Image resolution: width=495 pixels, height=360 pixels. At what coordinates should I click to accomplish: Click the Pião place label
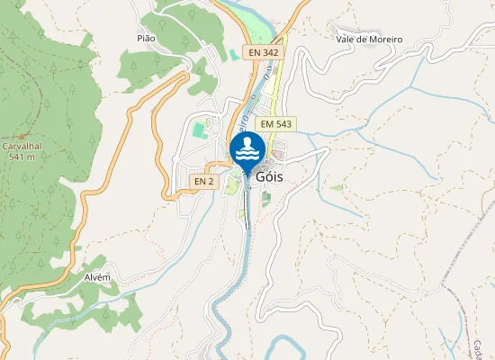(x=146, y=39)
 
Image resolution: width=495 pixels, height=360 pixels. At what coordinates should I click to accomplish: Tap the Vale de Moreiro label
(x=369, y=40)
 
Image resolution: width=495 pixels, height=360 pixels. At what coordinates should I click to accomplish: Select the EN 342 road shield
(x=265, y=53)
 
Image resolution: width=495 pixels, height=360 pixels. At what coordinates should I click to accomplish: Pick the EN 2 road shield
(x=204, y=182)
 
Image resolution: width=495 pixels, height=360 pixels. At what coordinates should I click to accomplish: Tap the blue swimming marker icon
(x=247, y=149)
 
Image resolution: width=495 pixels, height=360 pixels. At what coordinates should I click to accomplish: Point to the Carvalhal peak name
(x=22, y=146)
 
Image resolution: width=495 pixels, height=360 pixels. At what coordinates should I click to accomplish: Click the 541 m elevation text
(x=22, y=157)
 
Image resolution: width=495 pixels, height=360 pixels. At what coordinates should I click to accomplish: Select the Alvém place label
(x=97, y=277)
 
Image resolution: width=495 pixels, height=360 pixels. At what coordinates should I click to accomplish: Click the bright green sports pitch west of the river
(x=198, y=131)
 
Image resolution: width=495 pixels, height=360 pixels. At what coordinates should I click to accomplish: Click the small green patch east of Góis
(x=336, y=187)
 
